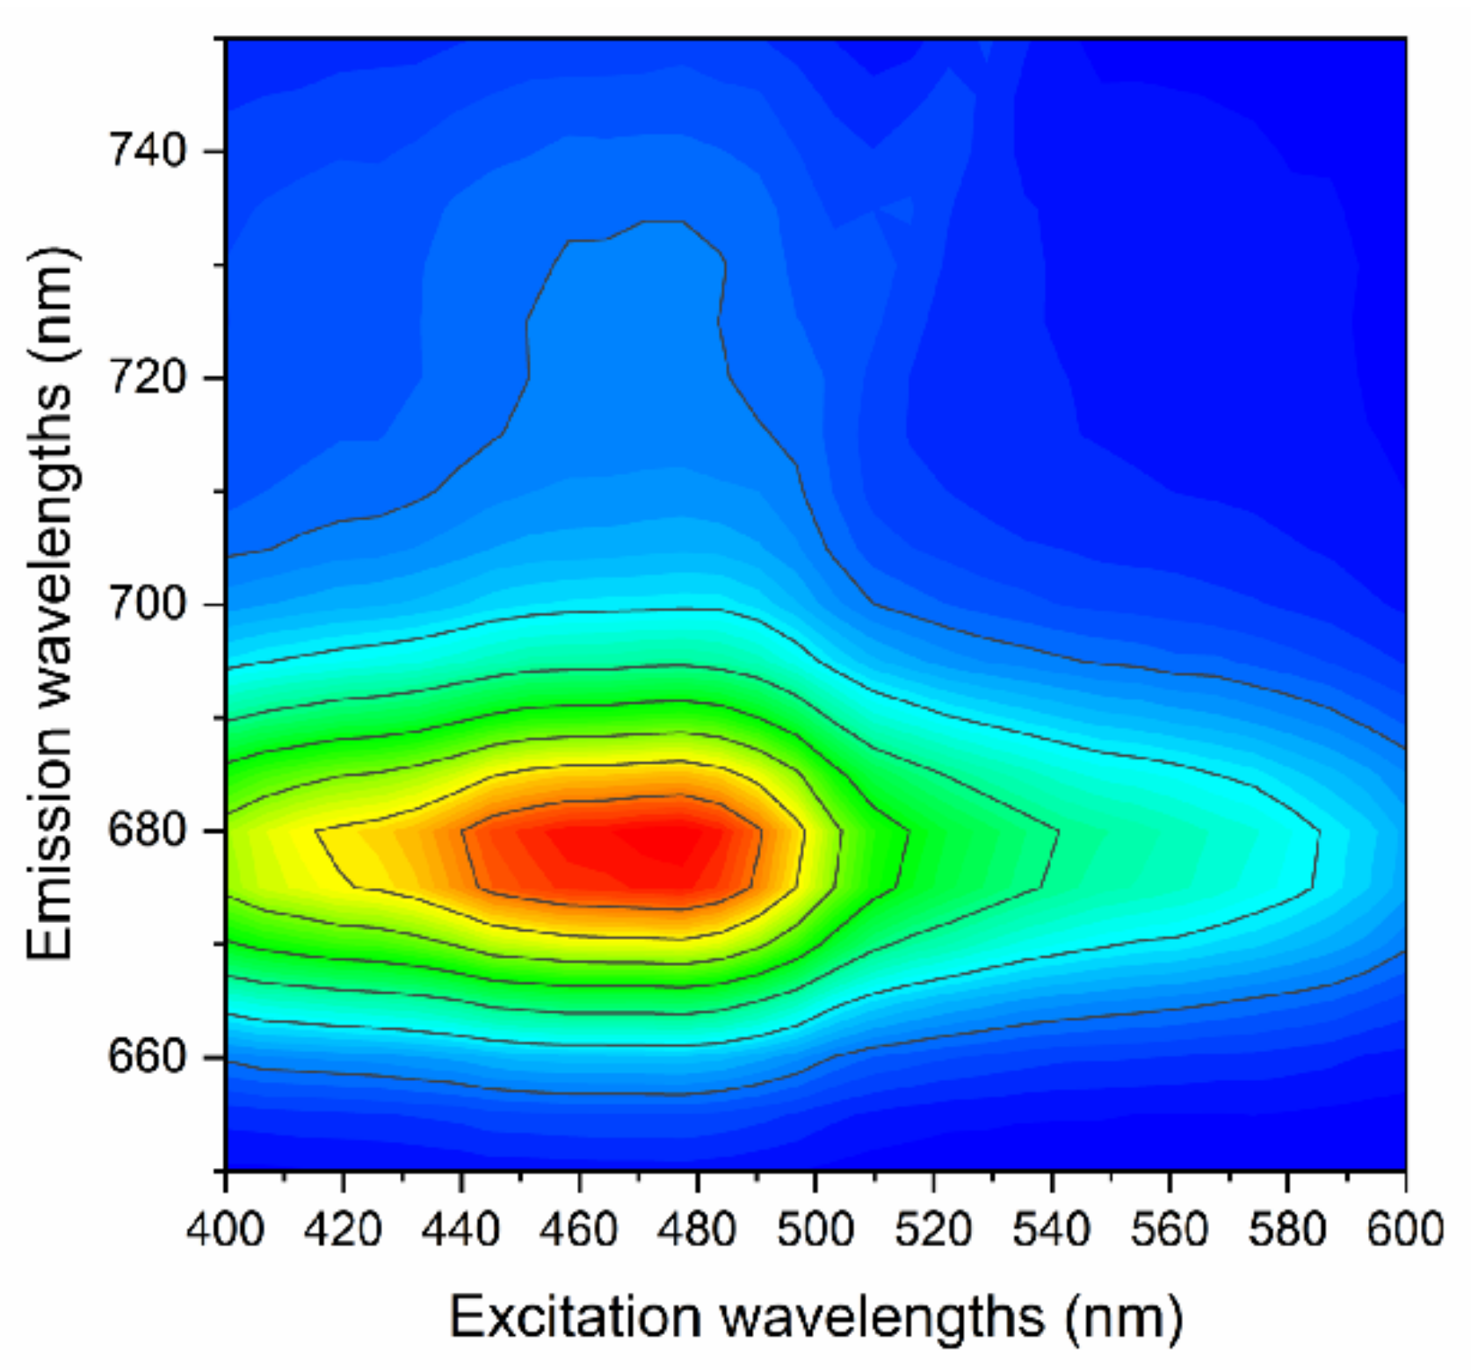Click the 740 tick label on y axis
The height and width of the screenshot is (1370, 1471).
[x=147, y=151]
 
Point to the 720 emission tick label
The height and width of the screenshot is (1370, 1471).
[x=147, y=378]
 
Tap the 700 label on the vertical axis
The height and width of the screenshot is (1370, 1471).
[x=147, y=604]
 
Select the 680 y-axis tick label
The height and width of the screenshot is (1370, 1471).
[x=147, y=831]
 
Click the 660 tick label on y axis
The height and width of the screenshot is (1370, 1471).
[x=147, y=1057]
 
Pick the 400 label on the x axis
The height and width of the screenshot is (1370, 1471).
[x=225, y=1229]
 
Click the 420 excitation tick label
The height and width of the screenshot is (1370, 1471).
[x=344, y=1229]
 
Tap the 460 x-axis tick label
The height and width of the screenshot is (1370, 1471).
[x=579, y=1229]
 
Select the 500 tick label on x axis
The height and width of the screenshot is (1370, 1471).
[x=815, y=1229]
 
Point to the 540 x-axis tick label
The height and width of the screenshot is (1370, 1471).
[x=1051, y=1229]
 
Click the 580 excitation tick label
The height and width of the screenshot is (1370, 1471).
[x=1286, y=1229]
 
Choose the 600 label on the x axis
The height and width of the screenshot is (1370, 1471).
[x=1405, y=1229]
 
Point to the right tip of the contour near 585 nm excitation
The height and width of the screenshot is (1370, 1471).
[x=1318, y=831]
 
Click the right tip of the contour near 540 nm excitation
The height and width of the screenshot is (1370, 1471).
[x=1058, y=831]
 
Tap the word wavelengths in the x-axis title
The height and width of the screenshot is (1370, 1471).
[x=884, y=1316]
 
